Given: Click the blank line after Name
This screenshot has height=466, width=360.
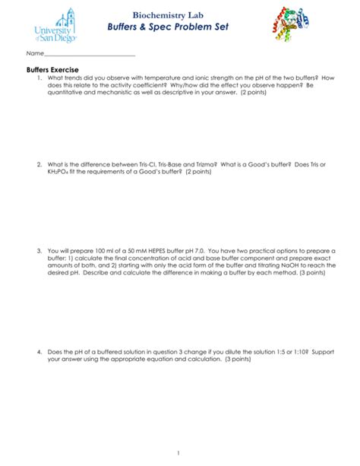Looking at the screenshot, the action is point(90,55).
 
